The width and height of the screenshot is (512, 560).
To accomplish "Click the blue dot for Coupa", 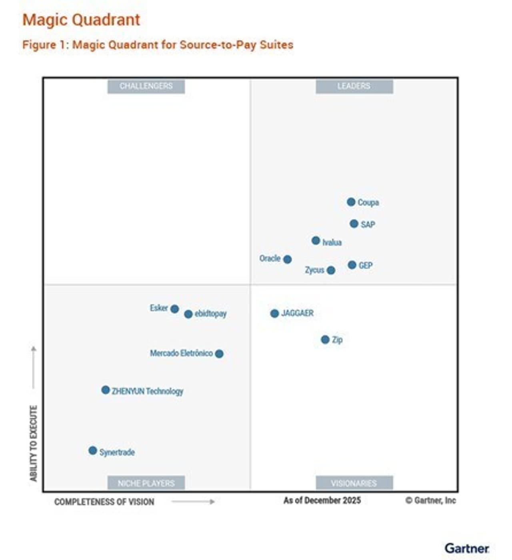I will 351,202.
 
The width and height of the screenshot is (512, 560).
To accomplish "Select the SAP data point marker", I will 354,223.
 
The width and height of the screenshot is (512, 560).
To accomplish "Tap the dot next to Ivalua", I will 316,241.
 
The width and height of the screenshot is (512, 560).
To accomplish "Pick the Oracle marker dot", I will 287,259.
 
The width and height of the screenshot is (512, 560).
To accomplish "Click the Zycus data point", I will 331,270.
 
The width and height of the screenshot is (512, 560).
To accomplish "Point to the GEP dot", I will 352,265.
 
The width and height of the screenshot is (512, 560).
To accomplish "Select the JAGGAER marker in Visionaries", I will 274,313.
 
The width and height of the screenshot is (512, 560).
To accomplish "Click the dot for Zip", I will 325,339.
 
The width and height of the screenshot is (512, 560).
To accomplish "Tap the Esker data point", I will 174,309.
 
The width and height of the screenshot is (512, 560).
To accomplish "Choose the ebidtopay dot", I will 188,314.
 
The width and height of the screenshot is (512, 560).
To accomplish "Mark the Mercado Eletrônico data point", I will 219,353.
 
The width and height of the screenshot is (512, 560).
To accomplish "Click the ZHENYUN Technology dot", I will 106,390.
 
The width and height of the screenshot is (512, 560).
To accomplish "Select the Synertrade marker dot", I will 93,450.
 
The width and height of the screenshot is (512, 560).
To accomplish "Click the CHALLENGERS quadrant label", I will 146,86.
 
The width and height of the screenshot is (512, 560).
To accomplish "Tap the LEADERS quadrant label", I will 354,86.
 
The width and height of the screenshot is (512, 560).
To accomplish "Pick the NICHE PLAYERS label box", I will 146,483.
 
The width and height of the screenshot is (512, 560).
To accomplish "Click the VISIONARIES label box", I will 354,483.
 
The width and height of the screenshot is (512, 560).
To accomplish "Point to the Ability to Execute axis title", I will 34,443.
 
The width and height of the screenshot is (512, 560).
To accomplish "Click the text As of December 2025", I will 322,500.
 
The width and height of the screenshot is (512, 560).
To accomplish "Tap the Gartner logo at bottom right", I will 466,548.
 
